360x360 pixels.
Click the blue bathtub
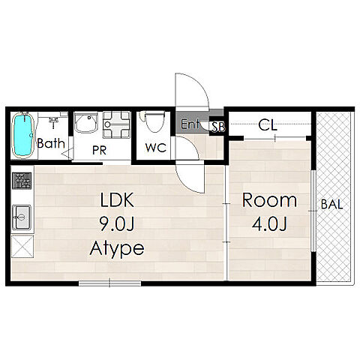23,135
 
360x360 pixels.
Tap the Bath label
51,143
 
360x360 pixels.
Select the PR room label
99,150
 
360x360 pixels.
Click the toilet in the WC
154,121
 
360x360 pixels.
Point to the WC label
156,148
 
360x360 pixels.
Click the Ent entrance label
190,124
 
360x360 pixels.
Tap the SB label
218,127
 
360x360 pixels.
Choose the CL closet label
268,125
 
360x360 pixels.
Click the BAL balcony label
331,205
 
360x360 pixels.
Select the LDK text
117,199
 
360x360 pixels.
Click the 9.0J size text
117,223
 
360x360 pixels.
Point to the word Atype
117,248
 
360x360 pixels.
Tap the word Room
269,200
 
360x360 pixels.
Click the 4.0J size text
269,224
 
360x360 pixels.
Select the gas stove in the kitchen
22,181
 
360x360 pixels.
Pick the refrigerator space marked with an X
22,246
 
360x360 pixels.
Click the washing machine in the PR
116,124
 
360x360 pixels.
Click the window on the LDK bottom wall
110,283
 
